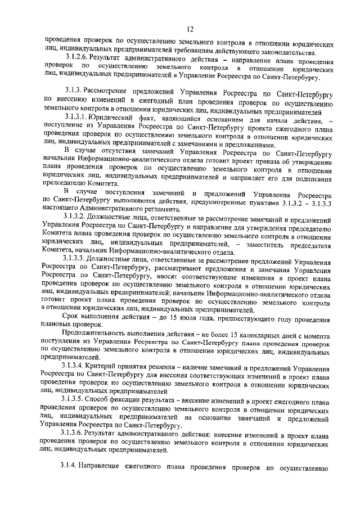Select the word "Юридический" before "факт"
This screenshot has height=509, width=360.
123,116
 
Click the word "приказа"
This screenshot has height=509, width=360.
259,163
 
